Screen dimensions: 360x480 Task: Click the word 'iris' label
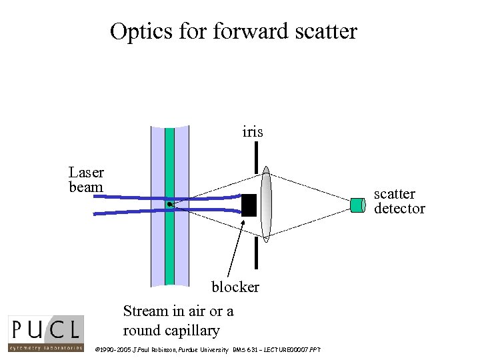253,132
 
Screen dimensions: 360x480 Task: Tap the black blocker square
249,205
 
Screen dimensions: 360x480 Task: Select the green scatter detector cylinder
359,205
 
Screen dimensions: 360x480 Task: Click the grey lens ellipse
266,203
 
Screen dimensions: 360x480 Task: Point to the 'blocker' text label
235,287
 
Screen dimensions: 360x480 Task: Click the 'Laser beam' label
86,180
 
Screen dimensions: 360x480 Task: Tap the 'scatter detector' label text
399,201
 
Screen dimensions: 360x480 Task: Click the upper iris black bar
257,157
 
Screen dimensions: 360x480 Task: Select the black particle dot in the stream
170,203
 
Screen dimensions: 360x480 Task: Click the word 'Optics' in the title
139,31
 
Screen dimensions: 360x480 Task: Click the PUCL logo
46,333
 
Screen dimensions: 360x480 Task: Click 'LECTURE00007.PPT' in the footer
293,349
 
